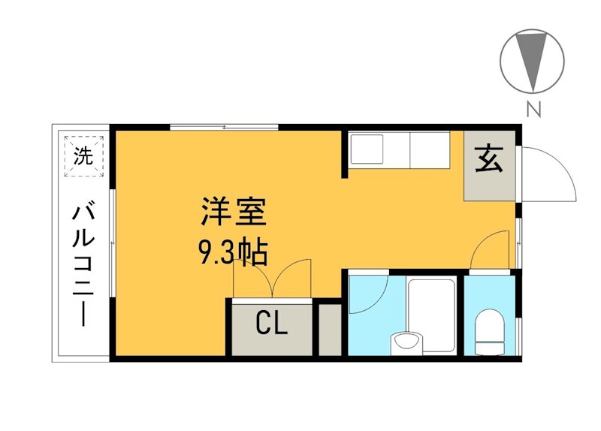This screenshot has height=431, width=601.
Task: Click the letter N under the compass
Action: [x=533, y=110]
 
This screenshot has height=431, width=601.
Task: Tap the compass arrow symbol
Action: [x=533, y=59]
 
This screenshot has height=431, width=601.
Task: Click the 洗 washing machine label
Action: [x=83, y=156]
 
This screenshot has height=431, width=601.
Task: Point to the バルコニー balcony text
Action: [x=83, y=263]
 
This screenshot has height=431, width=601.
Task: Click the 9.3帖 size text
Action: [x=232, y=253]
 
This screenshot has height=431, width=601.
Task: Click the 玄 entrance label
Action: [x=489, y=160]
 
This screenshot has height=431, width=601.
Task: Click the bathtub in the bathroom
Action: [x=431, y=315]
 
